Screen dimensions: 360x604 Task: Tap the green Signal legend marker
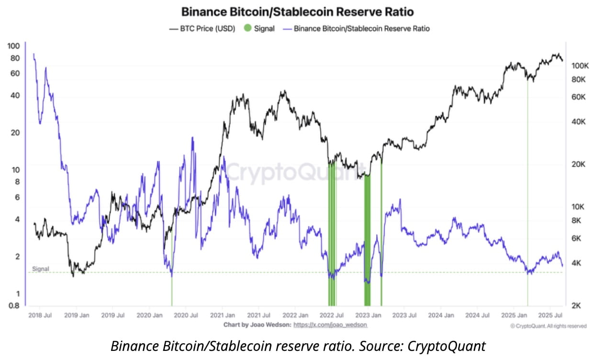[247, 29]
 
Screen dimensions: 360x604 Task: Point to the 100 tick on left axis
[14, 46]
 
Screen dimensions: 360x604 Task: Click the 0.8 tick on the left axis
[15, 306]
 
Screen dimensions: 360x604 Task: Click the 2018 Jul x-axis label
[40, 315]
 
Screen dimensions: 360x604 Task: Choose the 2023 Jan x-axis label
[368, 315]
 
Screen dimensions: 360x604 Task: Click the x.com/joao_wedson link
[330, 325]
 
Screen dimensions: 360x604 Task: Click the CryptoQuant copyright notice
[548, 326]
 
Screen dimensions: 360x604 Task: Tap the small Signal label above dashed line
[41, 269]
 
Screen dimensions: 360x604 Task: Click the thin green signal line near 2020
[172, 287]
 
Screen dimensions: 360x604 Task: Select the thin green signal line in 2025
[527, 191]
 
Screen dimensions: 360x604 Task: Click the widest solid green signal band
[367, 239]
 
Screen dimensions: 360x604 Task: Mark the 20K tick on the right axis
[578, 164]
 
